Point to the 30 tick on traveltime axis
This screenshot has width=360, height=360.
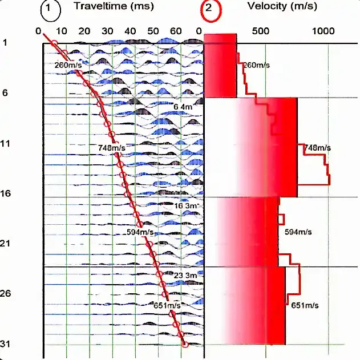pyautogui.click(x=108, y=31)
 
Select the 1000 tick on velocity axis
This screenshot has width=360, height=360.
pyautogui.click(x=326, y=31)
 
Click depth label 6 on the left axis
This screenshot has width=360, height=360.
pyautogui.click(x=5, y=93)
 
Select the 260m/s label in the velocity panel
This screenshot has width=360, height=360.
pyautogui.click(x=256, y=65)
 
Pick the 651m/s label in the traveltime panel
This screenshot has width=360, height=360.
pyautogui.click(x=167, y=305)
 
